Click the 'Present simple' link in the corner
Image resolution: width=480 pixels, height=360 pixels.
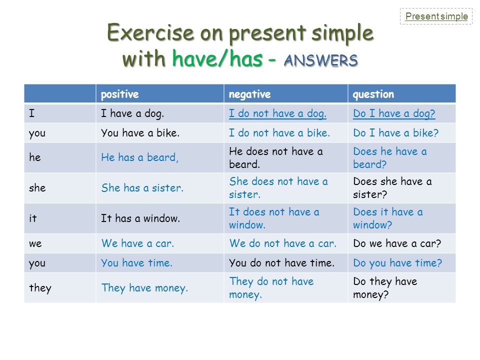[436, 16]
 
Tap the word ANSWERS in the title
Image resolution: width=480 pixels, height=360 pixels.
[321, 60]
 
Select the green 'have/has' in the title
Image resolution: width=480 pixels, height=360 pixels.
[217, 58]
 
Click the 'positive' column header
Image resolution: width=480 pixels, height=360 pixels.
[119, 94]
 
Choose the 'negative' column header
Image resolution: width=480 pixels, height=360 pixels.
[250, 94]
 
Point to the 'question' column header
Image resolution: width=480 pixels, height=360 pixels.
[373, 94]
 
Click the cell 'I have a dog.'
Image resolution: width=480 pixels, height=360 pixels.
[132, 113]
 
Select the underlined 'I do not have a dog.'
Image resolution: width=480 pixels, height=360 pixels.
[277, 113]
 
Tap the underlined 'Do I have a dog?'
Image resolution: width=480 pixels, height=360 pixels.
[394, 113]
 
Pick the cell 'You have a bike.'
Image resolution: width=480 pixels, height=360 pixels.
[140, 133]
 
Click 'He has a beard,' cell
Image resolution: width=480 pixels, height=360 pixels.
[140, 157]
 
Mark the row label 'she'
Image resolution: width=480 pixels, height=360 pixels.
[37, 187]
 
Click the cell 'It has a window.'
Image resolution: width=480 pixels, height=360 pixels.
[140, 218]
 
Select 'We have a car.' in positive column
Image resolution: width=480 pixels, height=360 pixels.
[138, 243]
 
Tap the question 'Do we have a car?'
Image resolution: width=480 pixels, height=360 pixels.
[397, 243]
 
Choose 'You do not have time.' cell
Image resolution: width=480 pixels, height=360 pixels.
[281, 263]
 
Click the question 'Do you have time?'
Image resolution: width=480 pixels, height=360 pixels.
[397, 263]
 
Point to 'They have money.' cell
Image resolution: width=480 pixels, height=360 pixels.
[144, 288]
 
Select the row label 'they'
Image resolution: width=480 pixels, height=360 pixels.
[40, 288]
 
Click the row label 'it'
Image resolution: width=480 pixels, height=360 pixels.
[33, 218]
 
